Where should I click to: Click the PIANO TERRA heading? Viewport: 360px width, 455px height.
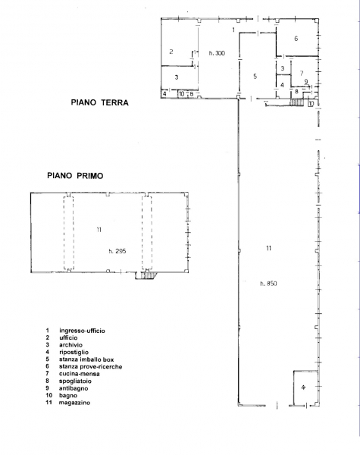pos(99,102)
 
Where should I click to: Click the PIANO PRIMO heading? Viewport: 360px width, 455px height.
pos(75,176)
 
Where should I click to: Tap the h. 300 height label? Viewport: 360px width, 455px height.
pos(217,53)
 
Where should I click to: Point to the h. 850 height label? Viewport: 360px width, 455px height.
pos(268,284)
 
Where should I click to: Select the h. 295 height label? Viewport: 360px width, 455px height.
pos(117,251)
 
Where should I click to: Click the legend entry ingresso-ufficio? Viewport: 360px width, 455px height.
pos(82,331)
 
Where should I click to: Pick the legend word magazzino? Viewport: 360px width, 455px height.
pos(74,403)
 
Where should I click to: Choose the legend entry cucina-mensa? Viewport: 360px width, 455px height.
pos(79,374)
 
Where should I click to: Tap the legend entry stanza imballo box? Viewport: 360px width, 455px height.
pos(86,359)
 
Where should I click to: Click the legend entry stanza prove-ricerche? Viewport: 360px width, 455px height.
pos(90,366)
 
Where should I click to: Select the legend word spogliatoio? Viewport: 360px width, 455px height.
pos(75,381)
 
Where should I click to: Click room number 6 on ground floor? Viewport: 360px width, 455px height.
pos(296,39)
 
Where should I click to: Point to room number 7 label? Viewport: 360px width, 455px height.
pos(302,73)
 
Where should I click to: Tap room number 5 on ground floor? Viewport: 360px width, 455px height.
pos(255,76)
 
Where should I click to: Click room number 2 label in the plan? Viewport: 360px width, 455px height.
pos(171,52)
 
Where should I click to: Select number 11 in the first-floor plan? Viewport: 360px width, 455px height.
pos(99,230)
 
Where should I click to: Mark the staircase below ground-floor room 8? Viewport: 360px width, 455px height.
pos(297,102)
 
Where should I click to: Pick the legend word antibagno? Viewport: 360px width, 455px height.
pos(74,388)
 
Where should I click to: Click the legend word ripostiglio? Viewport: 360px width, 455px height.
pos(74,353)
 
